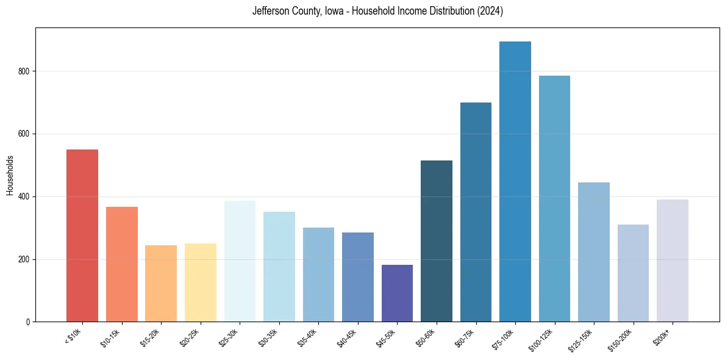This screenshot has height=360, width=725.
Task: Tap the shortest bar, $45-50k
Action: click(x=397, y=293)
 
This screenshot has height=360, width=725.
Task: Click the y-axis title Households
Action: click(x=10, y=175)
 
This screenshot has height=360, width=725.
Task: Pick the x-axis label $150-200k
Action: click(x=621, y=339)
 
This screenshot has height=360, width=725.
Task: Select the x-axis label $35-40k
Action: click(x=307, y=337)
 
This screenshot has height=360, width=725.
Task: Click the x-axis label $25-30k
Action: click(x=228, y=337)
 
